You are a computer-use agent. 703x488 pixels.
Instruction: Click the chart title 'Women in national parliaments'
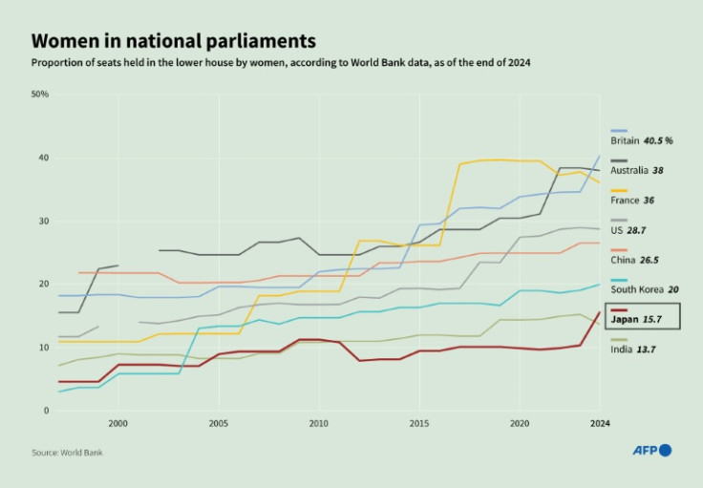[173, 41]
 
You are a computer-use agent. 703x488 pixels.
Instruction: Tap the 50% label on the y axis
[40, 95]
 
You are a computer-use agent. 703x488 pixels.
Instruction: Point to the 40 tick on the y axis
[43, 158]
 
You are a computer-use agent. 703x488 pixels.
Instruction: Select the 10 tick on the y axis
[43, 348]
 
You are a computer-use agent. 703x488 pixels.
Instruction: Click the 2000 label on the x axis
[118, 422]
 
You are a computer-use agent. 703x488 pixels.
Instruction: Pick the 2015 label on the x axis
[419, 422]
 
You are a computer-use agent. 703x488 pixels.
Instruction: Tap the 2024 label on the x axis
[600, 422]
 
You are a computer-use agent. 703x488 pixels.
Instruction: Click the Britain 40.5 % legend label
[641, 140]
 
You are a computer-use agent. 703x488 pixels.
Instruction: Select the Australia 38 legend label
[636, 170]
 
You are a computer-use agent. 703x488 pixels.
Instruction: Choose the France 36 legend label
[631, 201]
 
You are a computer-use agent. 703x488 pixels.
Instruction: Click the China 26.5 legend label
[632, 260]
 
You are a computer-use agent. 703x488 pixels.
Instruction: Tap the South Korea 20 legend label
[644, 289]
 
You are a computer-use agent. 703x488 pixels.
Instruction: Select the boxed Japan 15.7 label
[644, 316]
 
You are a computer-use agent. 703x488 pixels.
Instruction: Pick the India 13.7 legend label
[631, 350]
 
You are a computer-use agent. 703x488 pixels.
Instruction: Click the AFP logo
[651, 450]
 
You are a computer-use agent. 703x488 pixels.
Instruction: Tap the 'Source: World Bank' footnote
[66, 452]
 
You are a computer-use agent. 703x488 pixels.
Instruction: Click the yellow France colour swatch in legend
[619, 189]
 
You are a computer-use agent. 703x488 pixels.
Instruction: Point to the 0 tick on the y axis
[45, 411]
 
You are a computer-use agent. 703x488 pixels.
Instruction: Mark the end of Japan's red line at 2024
[599, 312]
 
